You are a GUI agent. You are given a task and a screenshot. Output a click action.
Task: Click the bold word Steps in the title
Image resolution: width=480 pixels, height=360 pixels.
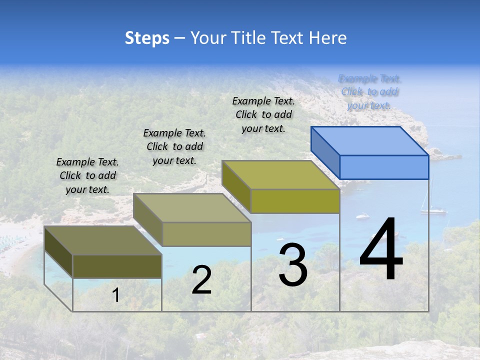[x=147, y=38]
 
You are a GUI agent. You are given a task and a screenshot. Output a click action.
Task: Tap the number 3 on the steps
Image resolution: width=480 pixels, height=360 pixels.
[x=293, y=265]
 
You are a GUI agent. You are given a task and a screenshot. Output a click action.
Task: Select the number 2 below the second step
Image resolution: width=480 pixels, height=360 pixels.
[x=201, y=280]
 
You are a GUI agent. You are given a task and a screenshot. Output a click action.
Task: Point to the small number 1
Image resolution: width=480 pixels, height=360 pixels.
[x=116, y=295]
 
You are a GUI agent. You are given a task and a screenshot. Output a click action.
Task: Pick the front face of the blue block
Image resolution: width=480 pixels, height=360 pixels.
[x=384, y=167]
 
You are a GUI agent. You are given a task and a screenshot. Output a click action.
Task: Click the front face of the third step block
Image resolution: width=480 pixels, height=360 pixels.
[x=295, y=201]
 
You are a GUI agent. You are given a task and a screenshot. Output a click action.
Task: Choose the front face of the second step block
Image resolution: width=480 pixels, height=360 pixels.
[x=206, y=234]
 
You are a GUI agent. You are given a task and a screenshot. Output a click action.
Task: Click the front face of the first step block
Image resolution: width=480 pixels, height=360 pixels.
[x=117, y=266]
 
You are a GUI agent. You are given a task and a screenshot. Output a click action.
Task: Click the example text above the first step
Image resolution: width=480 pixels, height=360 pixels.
[x=87, y=175]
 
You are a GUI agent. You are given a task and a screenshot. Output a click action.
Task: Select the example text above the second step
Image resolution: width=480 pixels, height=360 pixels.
[x=174, y=146]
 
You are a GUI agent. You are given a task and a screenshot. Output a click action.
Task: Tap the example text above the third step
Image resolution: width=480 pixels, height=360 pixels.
[x=263, y=114]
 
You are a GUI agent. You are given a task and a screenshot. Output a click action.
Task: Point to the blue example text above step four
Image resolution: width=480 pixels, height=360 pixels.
[x=369, y=91]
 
